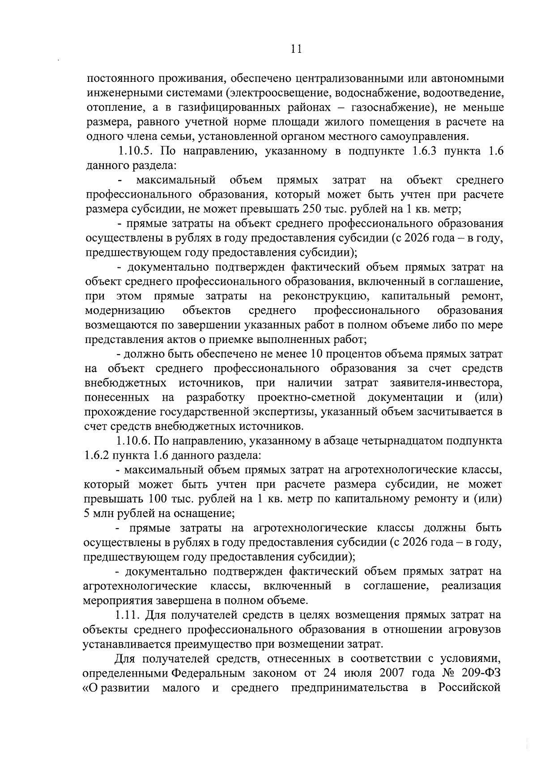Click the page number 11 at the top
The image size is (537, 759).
(x=296, y=49)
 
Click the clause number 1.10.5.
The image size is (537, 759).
(x=135, y=151)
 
